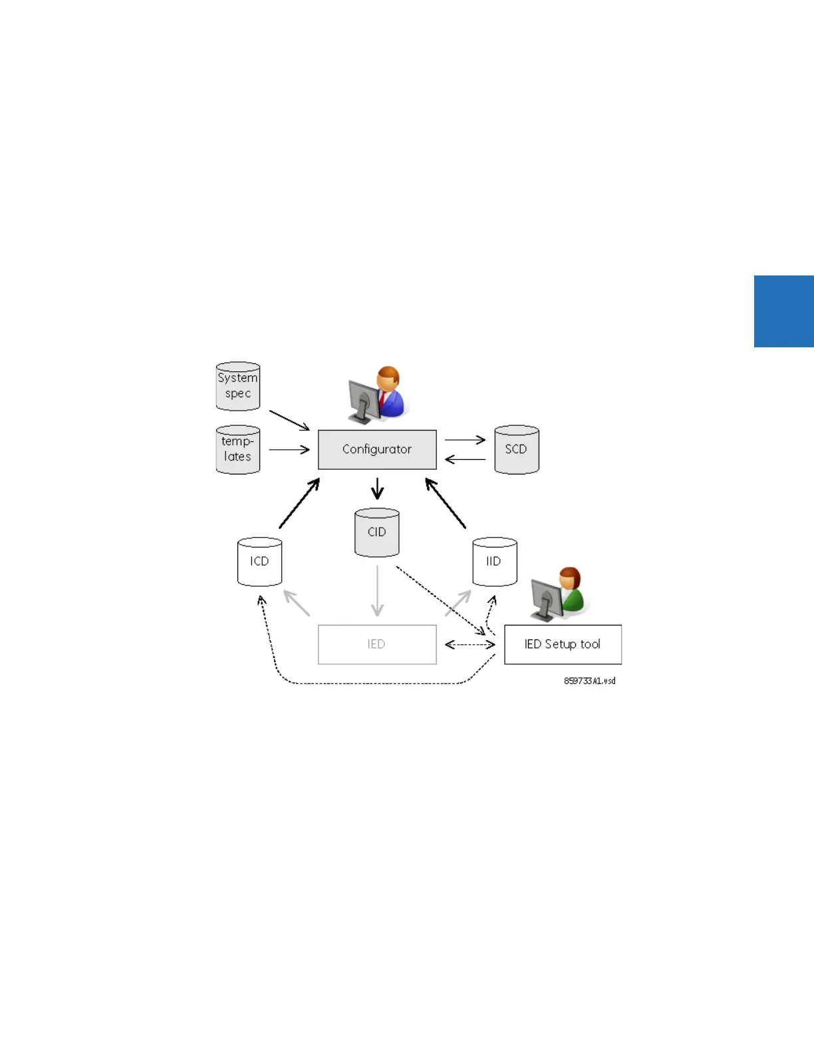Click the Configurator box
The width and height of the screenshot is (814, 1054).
377,449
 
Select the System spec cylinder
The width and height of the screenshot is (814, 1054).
237,386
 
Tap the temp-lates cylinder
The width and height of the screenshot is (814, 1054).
237,449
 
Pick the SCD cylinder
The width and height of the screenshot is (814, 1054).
517,449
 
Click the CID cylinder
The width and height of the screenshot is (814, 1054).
377,532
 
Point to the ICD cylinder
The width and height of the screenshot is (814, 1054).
259,562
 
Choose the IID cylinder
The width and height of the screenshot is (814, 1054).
494,562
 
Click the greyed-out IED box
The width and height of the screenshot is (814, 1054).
377,644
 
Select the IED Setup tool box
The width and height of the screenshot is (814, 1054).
563,644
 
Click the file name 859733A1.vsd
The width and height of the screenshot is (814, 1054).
589,681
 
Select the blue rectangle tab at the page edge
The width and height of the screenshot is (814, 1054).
783,311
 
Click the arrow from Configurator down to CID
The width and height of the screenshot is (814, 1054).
378,488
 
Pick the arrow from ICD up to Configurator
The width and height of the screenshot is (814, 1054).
299,503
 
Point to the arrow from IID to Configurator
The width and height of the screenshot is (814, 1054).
446,503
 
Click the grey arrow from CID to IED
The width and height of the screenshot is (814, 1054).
377,591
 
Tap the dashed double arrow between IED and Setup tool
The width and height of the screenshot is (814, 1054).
470,644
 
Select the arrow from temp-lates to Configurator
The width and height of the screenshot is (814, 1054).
289,450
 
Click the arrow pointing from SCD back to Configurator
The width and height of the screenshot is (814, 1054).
465,459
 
